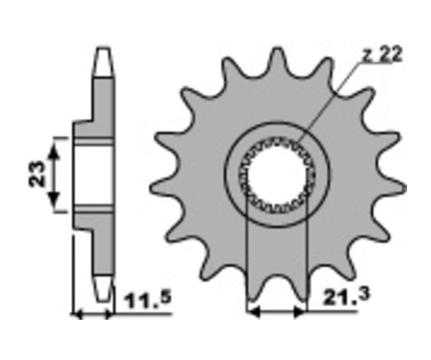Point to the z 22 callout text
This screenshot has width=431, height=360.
point(382,55)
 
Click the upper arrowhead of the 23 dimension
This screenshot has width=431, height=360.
point(54,151)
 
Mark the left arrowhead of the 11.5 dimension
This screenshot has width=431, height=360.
point(78,314)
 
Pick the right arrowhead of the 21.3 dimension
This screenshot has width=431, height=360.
point(299,312)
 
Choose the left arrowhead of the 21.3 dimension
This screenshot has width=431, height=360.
point(253,312)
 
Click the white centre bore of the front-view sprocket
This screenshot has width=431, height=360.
point(277,175)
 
